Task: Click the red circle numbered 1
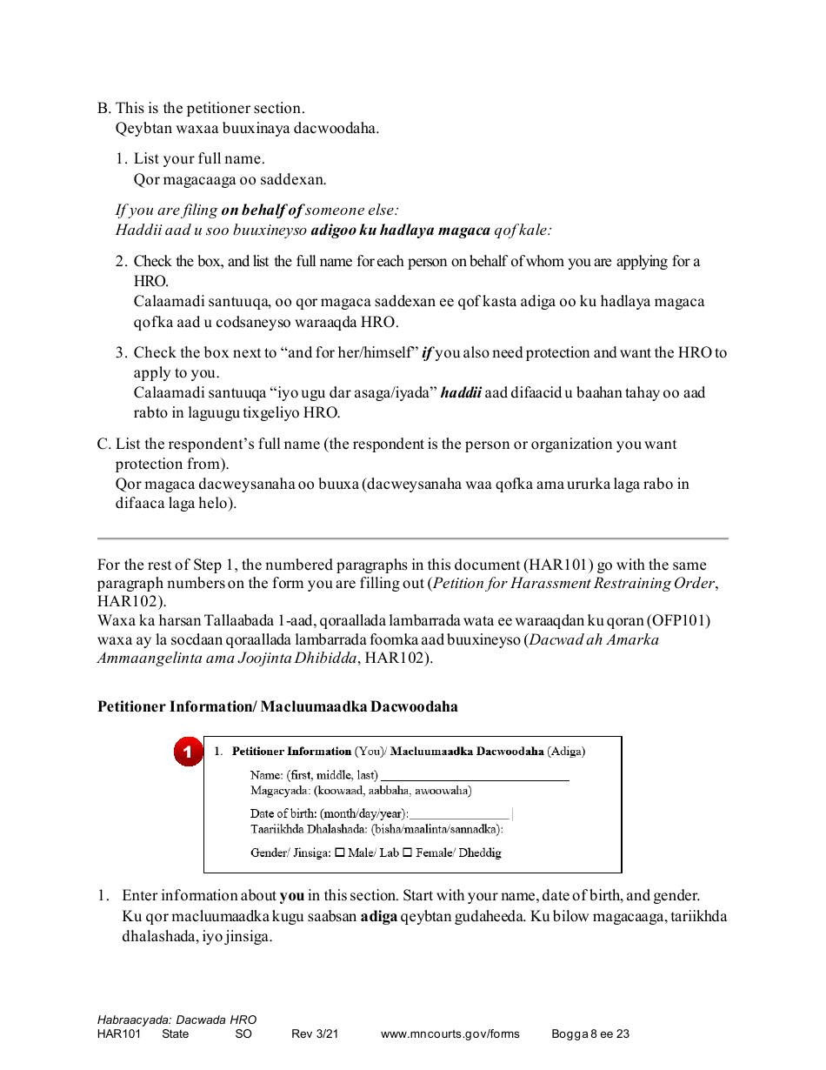188,752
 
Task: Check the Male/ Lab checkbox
340,853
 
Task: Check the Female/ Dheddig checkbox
407,853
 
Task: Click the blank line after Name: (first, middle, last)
475,777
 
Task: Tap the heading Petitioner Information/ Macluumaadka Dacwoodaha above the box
277,706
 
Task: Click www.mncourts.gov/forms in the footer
450,1034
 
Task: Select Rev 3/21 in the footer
314,1034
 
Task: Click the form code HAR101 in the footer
118,1034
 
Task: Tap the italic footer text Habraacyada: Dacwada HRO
177,1020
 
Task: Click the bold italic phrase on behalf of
262,210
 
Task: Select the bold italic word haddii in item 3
461,392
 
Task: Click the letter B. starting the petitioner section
104,109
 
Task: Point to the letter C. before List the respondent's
104,445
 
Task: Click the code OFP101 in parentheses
681,621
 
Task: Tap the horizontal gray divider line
412,538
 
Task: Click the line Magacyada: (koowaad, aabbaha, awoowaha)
361,791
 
